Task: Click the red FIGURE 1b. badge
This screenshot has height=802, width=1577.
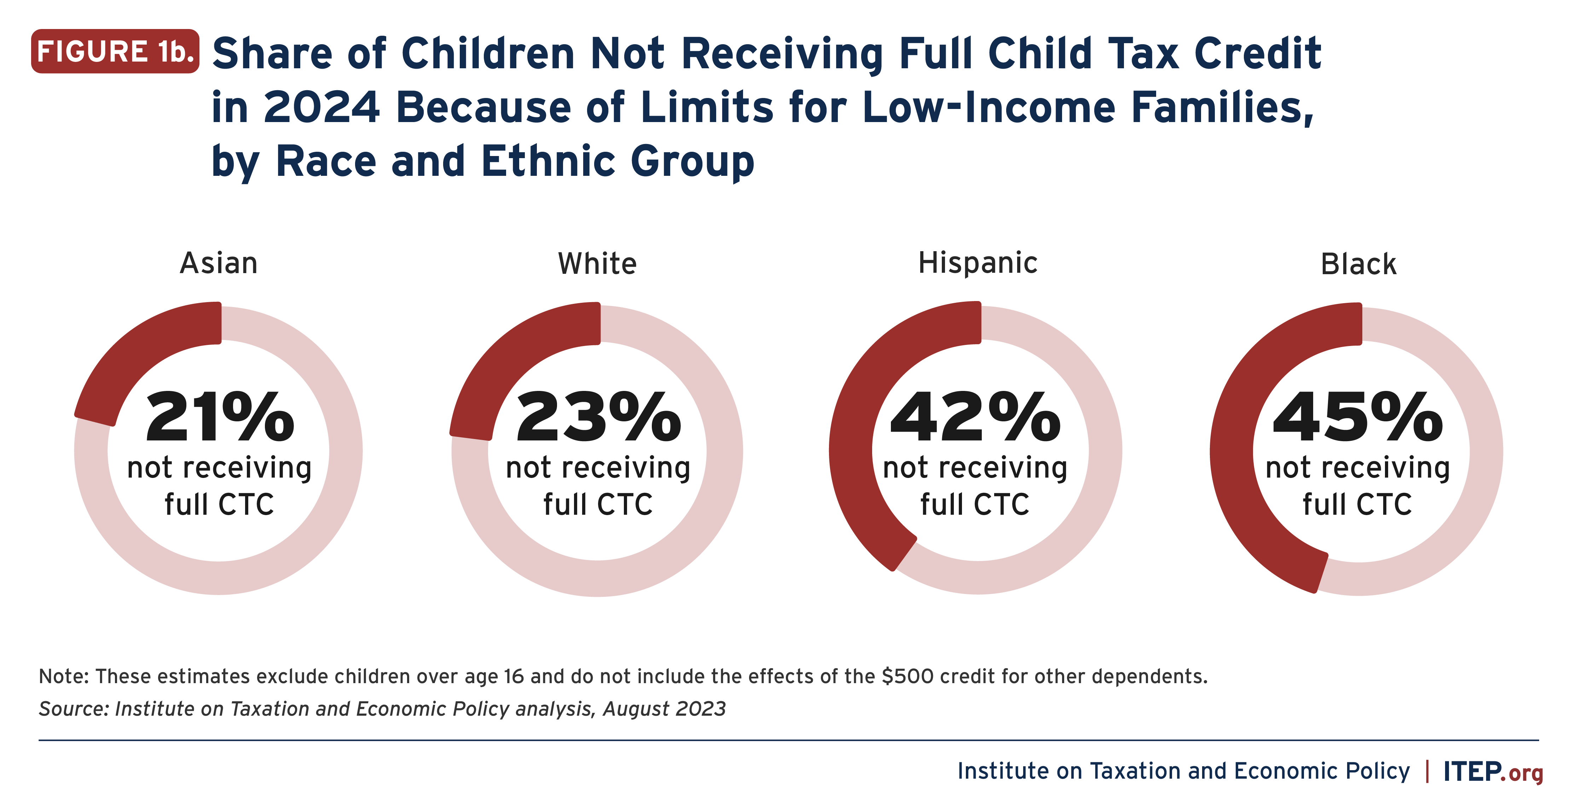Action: click(115, 51)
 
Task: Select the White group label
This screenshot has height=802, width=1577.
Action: click(597, 264)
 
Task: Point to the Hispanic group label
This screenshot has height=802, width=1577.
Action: click(978, 263)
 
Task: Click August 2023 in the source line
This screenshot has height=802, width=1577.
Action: click(664, 709)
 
